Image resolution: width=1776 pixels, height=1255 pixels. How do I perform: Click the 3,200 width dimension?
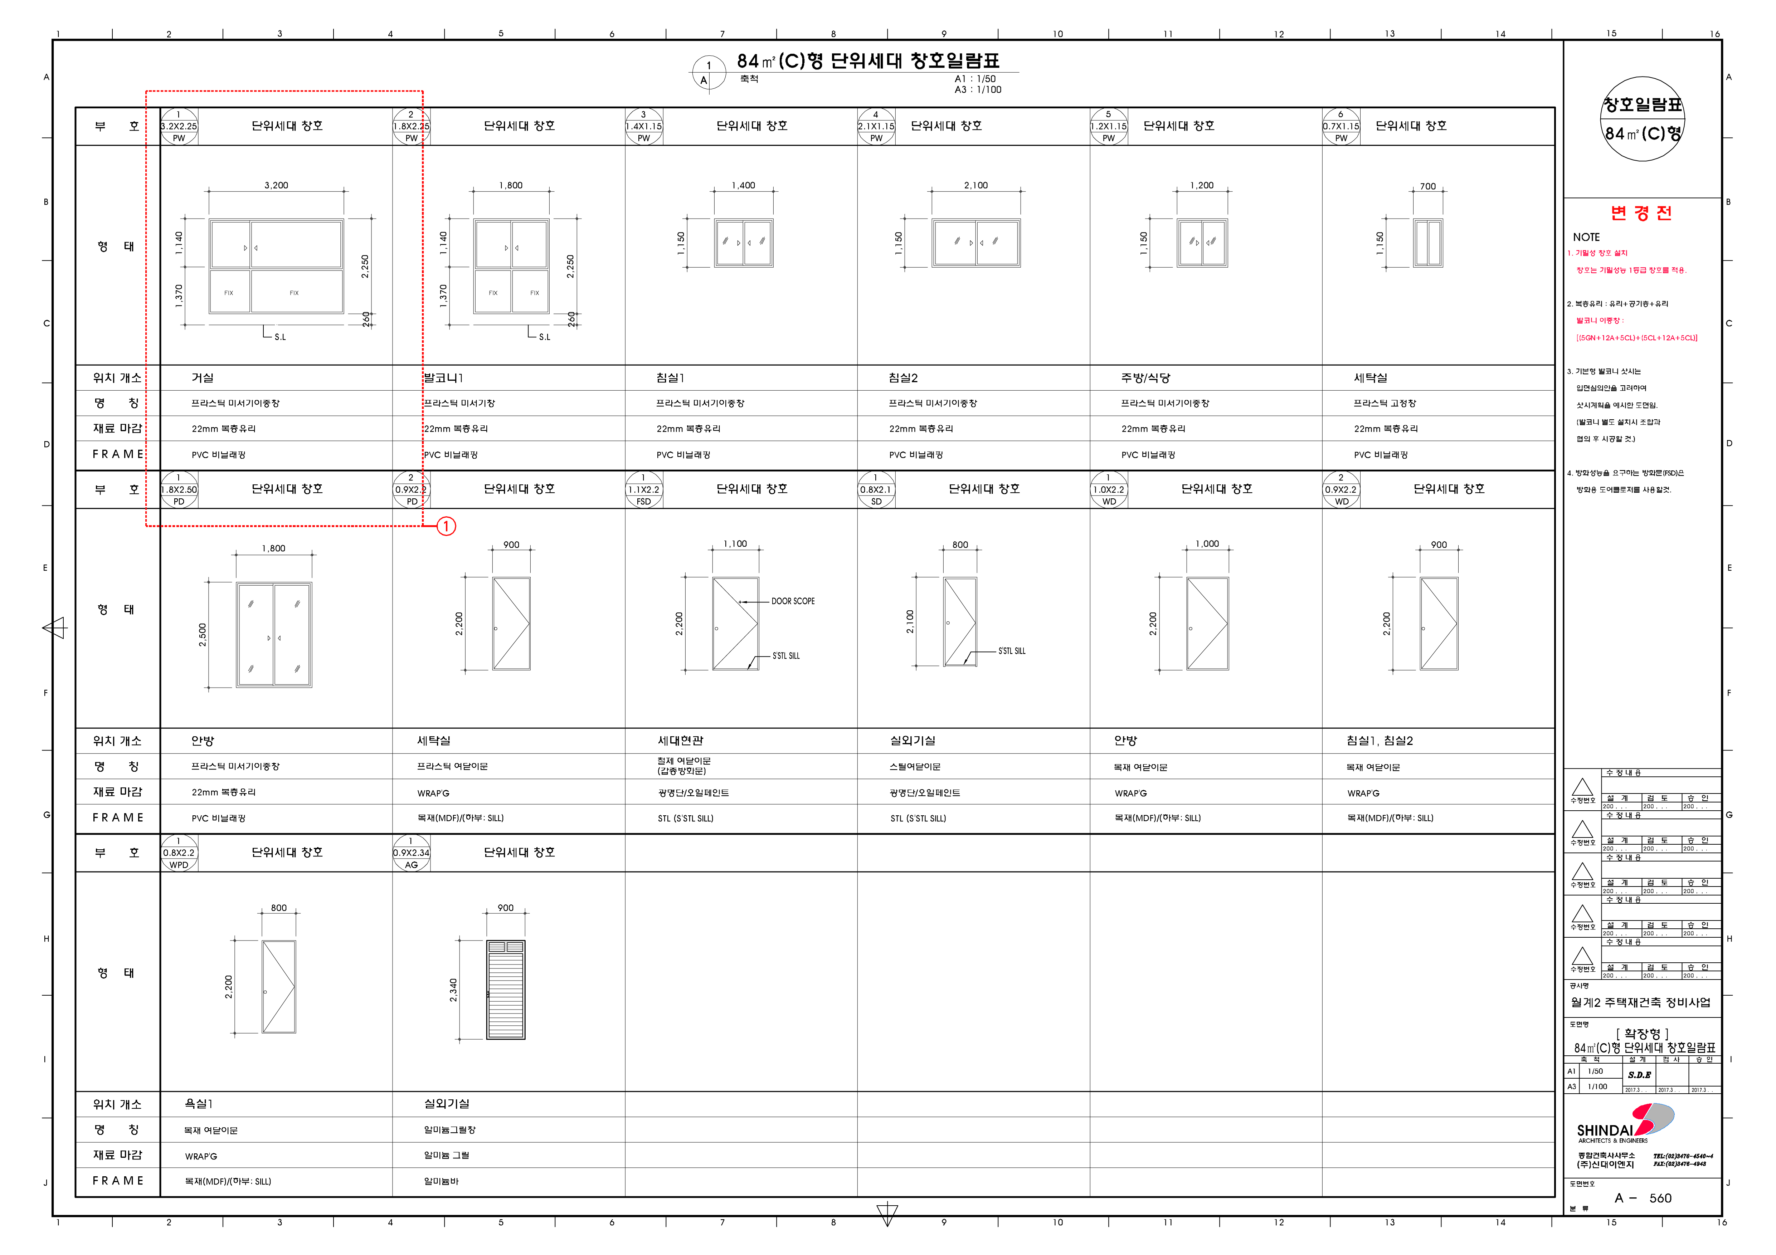coord(276,186)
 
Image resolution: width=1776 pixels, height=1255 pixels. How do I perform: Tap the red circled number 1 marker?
coord(446,527)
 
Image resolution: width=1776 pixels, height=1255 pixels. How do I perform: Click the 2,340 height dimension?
coord(453,990)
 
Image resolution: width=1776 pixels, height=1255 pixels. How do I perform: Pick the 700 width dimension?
coord(1427,186)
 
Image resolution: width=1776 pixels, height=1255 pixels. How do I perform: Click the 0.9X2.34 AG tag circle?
coord(412,853)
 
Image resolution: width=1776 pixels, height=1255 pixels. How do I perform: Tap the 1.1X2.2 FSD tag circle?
coord(643,489)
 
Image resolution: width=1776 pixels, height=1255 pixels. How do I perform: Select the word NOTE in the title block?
coord(1586,238)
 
